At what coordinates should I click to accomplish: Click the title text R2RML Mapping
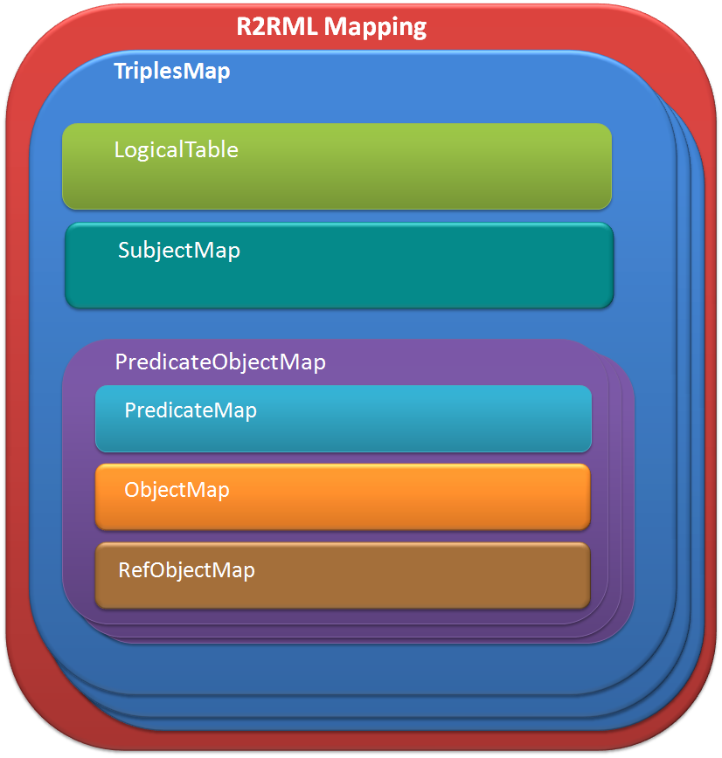click(x=331, y=26)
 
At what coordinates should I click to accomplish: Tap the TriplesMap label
click(x=172, y=72)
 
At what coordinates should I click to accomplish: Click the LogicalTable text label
click(x=176, y=149)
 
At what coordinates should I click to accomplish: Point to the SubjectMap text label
click(x=178, y=251)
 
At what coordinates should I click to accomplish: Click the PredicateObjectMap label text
click(x=220, y=362)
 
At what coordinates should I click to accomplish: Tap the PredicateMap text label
click(x=191, y=410)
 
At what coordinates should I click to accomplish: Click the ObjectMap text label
click(x=177, y=490)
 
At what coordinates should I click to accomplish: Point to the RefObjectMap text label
click(x=186, y=571)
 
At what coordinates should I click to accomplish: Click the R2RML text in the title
click(x=277, y=26)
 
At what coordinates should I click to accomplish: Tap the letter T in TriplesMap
click(x=121, y=72)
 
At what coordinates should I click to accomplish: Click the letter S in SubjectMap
click(x=124, y=251)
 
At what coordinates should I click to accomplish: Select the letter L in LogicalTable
click(x=119, y=149)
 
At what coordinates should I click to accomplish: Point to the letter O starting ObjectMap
click(x=132, y=490)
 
